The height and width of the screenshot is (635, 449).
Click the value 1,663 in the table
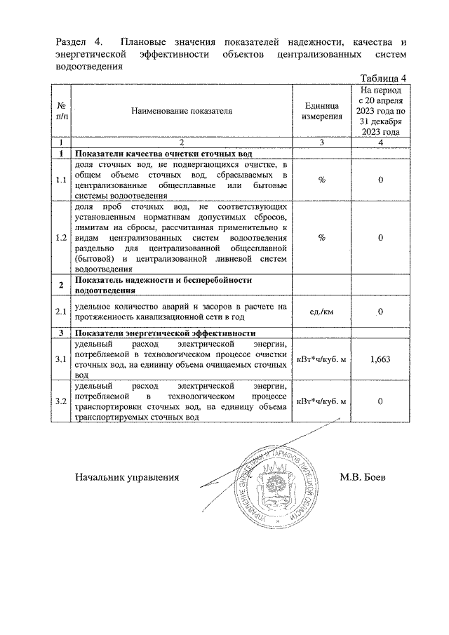[x=380, y=359]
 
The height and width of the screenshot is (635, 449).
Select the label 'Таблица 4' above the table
[x=383, y=78]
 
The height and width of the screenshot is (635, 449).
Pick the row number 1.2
[x=61, y=237]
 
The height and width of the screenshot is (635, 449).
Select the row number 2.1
[x=61, y=311]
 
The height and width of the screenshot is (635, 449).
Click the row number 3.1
[x=61, y=359]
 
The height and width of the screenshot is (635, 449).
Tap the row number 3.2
[x=61, y=401]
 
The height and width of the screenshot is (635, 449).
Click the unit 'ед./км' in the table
[x=321, y=311]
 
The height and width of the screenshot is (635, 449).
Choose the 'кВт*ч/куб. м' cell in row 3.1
[x=321, y=359]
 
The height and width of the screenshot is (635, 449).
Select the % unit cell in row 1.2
[x=321, y=237]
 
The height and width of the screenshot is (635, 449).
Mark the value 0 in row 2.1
[x=380, y=311]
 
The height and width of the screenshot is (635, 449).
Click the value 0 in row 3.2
[x=380, y=401]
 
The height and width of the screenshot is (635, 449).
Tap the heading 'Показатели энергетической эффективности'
[x=165, y=333]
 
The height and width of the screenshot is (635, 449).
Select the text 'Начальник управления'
[x=127, y=477]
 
